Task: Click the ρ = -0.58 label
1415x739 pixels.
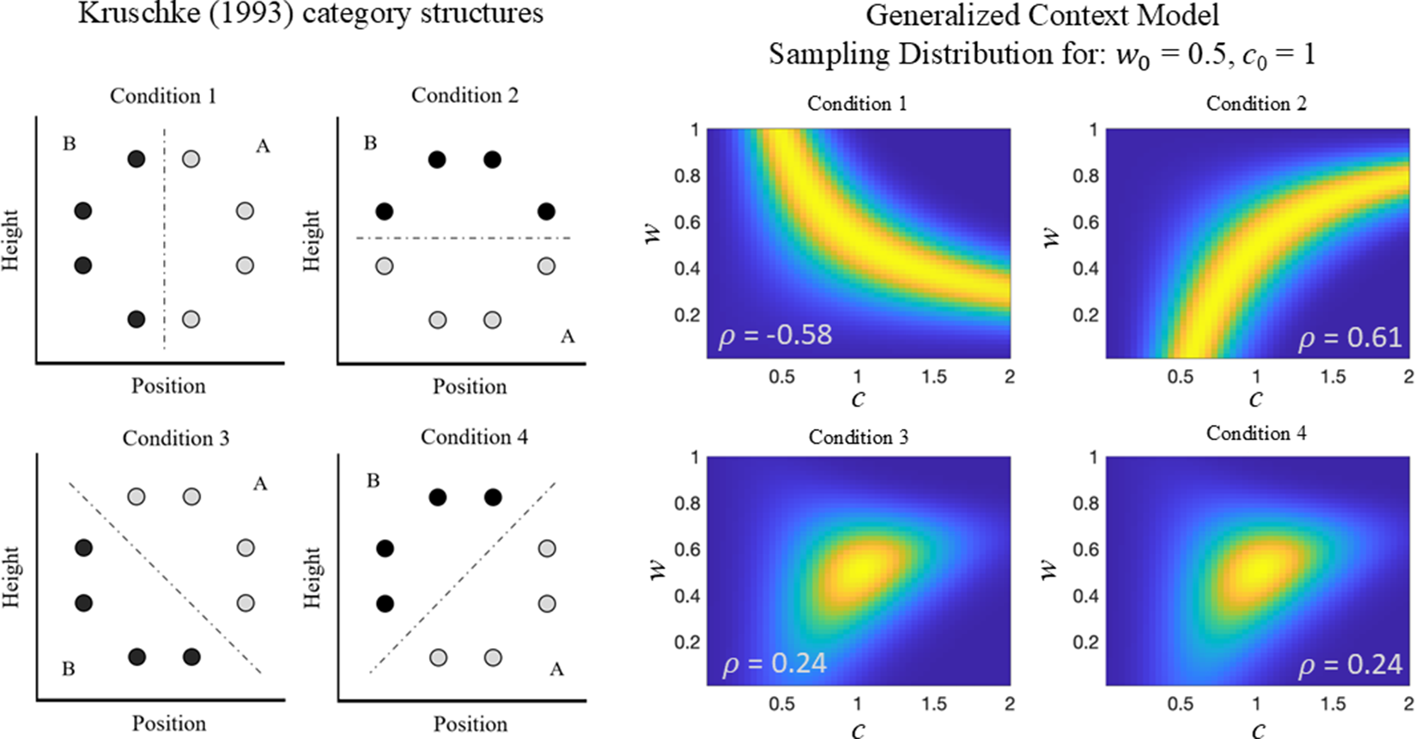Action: point(774,334)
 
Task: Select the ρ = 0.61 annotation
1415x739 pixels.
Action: point(1350,337)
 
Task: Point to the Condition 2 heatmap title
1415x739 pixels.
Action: point(1255,104)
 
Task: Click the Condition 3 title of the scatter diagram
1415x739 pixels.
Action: point(175,439)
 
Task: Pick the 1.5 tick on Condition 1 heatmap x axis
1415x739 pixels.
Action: point(933,377)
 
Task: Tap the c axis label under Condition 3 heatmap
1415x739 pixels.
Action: point(858,730)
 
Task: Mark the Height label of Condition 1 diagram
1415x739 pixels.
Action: point(11,241)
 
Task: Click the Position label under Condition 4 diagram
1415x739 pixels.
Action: point(470,724)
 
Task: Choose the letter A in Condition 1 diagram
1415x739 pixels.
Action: point(263,147)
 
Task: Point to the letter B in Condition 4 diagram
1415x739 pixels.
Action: point(373,481)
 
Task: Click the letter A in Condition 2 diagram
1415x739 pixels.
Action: point(567,336)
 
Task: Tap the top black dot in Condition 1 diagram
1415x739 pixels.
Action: point(136,159)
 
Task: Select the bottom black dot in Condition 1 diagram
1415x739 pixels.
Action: point(136,319)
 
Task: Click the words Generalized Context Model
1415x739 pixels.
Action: point(1042,16)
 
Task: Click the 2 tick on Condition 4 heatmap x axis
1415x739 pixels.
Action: point(1408,704)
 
